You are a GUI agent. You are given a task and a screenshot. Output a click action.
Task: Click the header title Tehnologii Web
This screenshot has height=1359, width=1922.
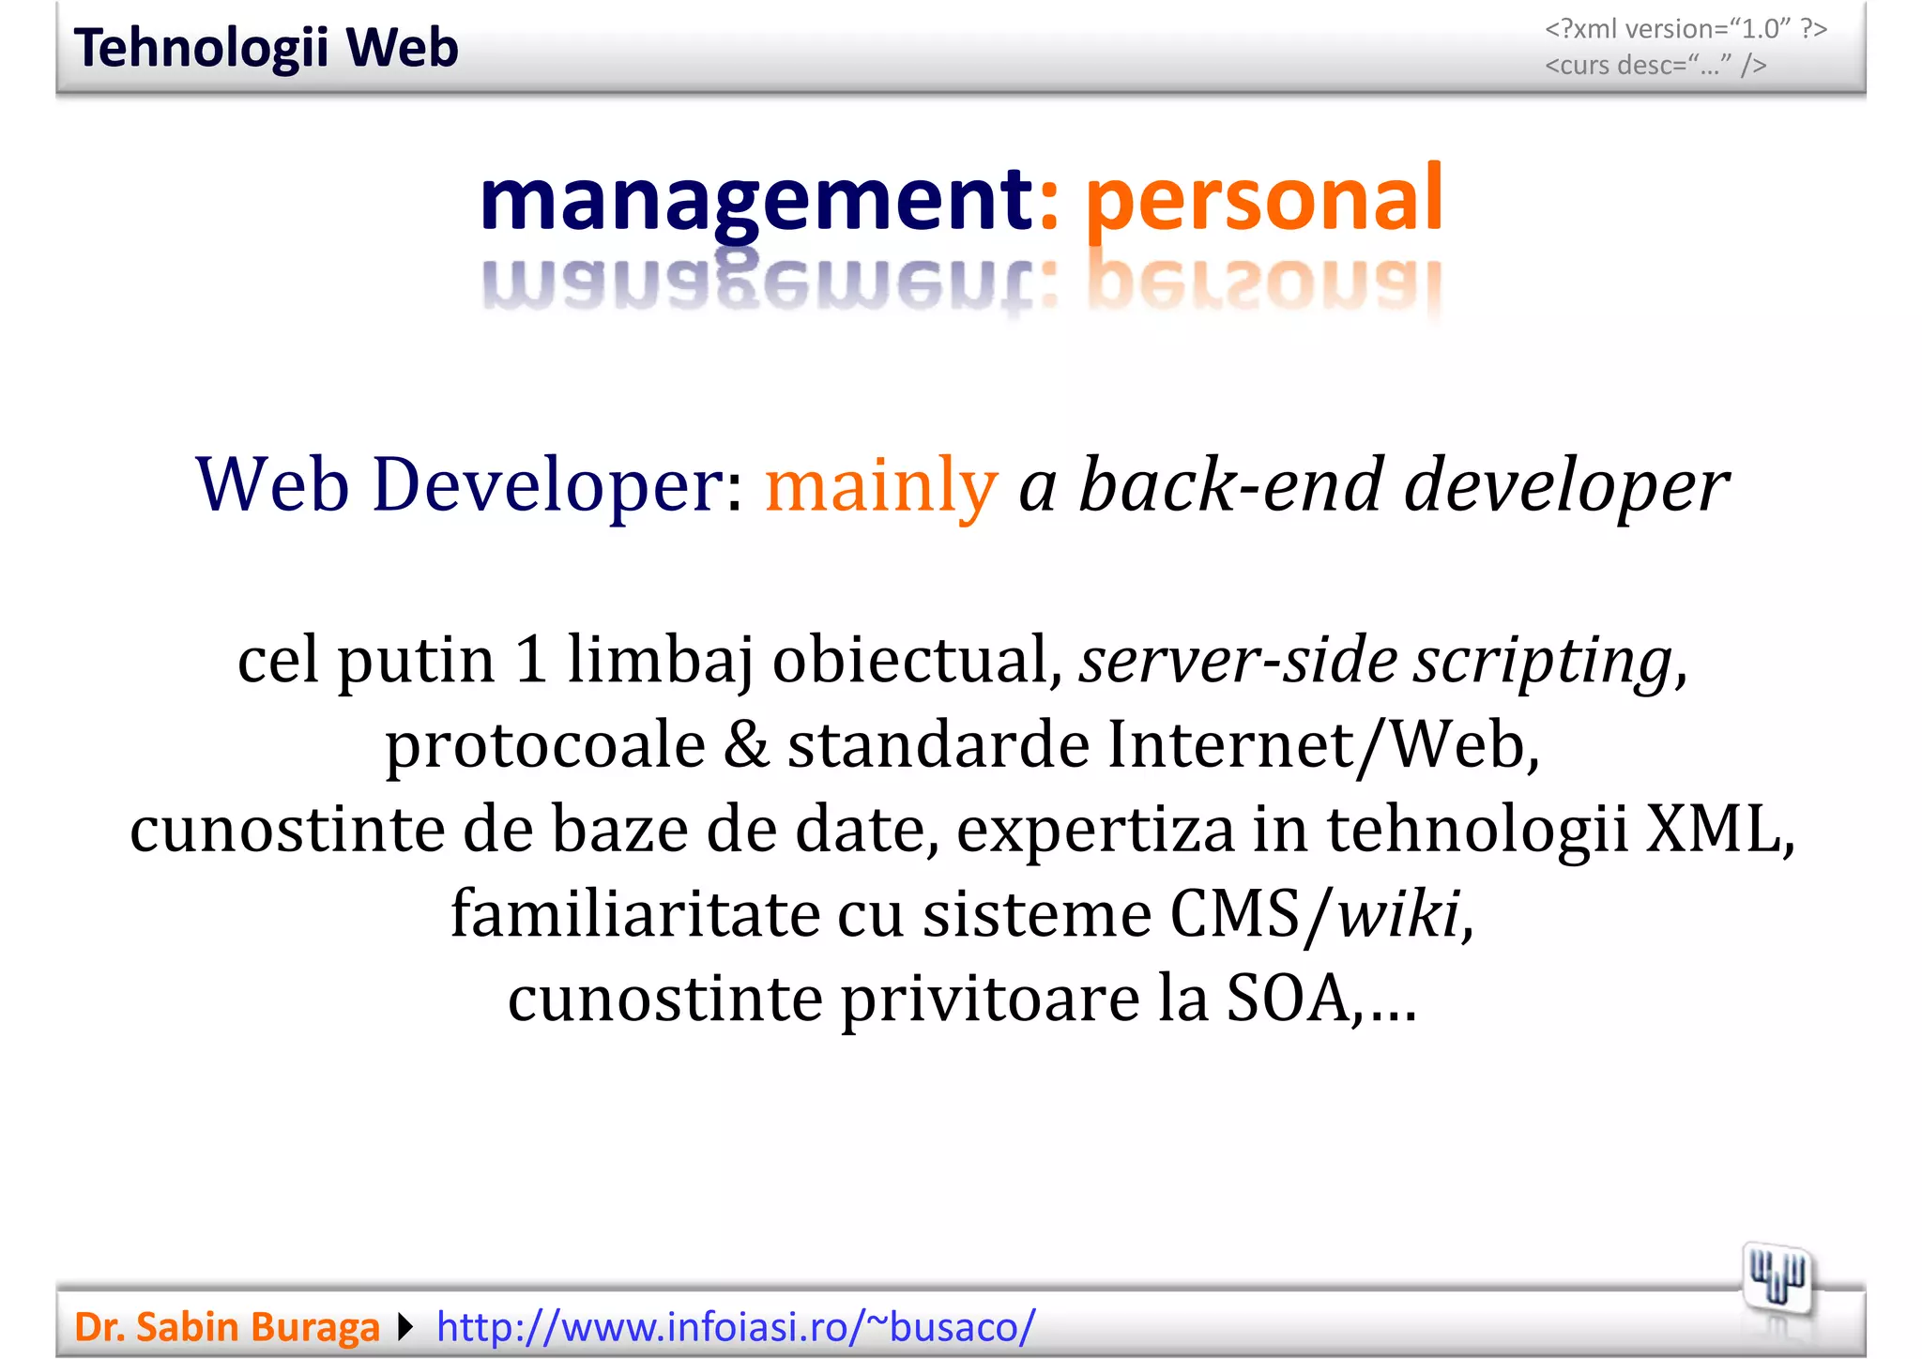(266, 48)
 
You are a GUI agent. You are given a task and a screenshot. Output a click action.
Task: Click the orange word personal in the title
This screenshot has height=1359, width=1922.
(1263, 199)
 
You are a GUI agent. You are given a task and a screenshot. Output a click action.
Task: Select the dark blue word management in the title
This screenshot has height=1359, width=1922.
(755, 199)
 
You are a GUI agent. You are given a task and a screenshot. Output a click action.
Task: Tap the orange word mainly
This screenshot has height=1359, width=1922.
(880, 485)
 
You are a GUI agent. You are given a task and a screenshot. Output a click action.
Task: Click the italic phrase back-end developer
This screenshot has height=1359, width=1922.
(1403, 485)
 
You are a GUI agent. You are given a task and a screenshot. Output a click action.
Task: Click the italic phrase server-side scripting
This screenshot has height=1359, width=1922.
(1375, 661)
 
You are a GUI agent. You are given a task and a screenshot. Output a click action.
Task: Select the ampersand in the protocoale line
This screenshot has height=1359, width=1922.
(746, 745)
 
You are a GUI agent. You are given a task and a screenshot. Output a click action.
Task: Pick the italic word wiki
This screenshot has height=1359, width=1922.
(1398, 913)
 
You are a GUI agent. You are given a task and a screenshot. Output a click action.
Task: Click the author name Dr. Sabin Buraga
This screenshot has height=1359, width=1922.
(226, 1327)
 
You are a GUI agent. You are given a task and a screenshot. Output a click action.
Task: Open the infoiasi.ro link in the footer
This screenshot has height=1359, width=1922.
(736, 1327)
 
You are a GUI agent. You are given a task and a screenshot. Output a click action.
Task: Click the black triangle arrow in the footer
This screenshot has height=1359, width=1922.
(405, 1327)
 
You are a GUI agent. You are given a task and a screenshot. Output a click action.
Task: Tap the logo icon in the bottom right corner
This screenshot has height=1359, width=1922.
(1777, 1278)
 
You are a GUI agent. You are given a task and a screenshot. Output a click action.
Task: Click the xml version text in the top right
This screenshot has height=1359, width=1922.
(1686, 29)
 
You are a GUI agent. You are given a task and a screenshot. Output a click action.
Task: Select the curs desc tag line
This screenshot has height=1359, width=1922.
(1655, 66)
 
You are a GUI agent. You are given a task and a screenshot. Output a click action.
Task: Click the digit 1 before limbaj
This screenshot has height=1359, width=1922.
(531, 661)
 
